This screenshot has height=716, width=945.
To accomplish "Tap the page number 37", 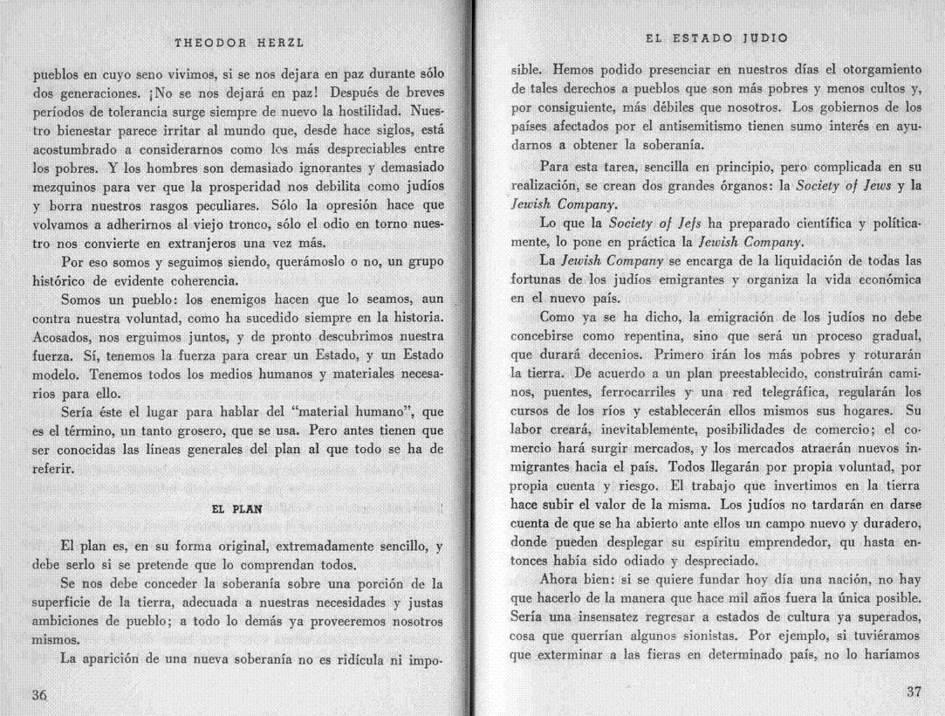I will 913,692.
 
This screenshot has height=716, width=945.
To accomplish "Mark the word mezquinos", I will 67,186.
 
